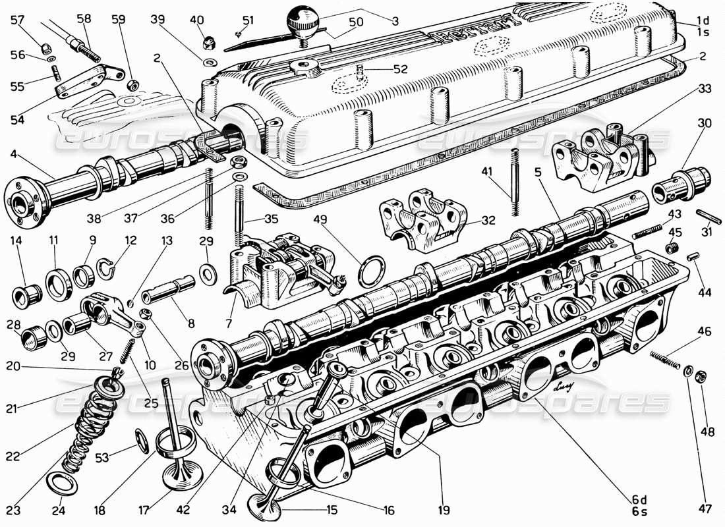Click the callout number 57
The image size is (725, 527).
pyautogui.click(x=17, y=20)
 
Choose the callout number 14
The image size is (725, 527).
pyautogui.click(x=16, y=241)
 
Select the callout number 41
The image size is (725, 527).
pyautogui.click(x=486, y=172)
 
